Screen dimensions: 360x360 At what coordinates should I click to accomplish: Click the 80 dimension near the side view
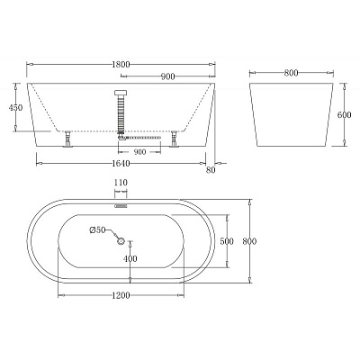click(211, 168)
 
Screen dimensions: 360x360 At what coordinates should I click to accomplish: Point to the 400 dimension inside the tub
click(130, 259)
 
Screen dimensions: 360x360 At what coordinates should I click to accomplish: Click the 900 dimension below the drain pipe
click(139, 151)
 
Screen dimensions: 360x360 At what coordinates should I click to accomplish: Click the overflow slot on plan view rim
click(121, 203)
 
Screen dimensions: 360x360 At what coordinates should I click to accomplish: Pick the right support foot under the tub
click(174, 139)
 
